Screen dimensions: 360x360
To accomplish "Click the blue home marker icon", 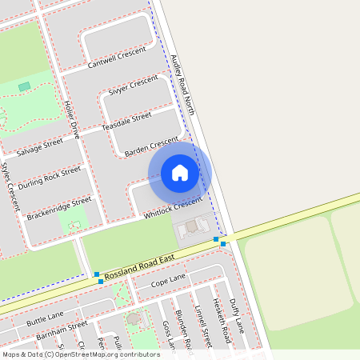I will pyautogui.click(x=180, y=173).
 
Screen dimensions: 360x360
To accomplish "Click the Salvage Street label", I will pyautogui.click(x=39, y=147).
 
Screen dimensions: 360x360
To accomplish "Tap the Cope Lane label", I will pyautogui.click(x=168, y=280).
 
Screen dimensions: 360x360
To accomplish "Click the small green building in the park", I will pyautogui.click(x=24, y=86).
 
